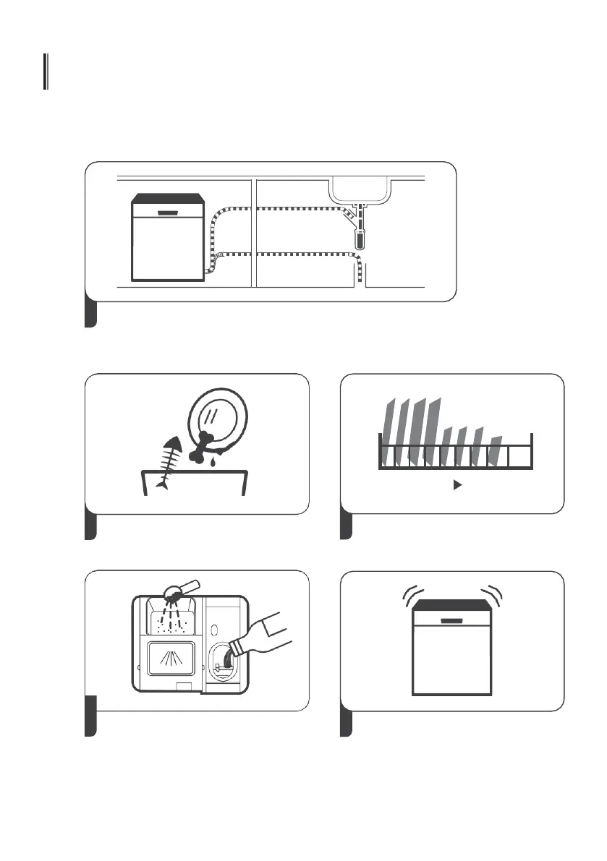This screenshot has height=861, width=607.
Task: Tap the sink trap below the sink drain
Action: (x=359, y=237)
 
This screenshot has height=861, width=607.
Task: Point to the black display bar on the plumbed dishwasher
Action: (x=167, y=213)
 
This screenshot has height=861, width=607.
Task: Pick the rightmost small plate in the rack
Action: (x=496, y=450)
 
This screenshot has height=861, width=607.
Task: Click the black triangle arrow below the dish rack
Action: (x=457, y=487)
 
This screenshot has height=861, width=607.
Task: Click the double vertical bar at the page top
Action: (x=46, y=72)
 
